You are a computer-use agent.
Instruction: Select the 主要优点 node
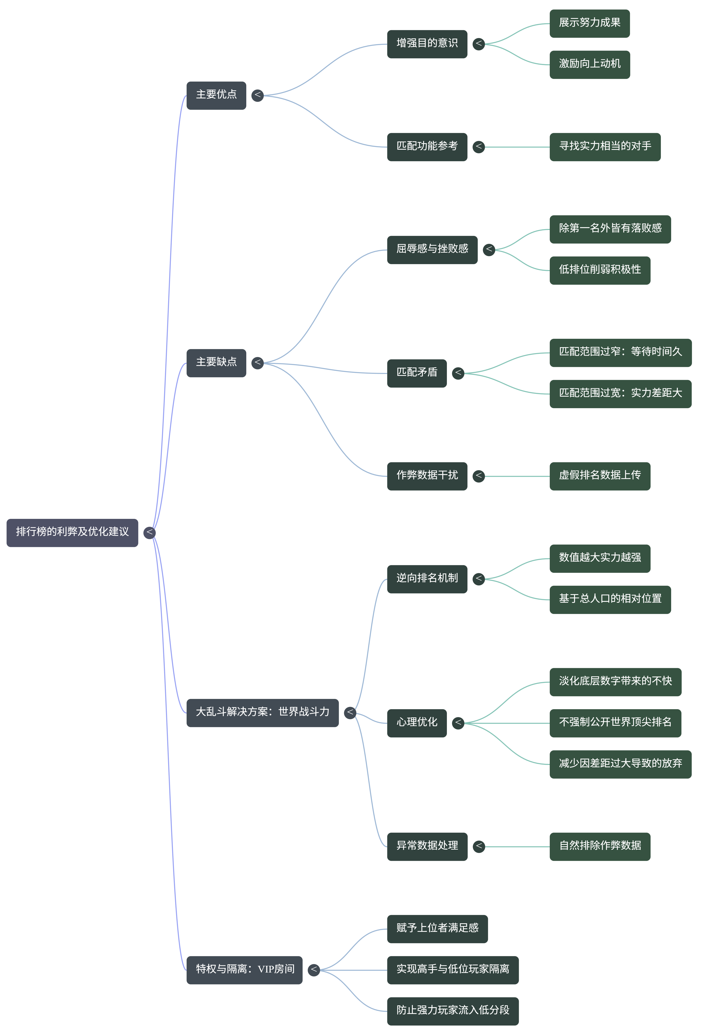coord(216,95)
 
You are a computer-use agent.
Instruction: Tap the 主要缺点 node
coord(216,362)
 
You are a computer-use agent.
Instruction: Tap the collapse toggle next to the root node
coord(149,532)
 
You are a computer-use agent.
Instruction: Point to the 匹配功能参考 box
coord(427,147)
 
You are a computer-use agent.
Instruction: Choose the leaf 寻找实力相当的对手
coord(605,147)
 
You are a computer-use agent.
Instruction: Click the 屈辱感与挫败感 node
coord(432,249)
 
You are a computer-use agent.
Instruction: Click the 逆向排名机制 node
coord(427,579)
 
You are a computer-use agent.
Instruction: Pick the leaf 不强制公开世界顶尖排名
coord(615,723)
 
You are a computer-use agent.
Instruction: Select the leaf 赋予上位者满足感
coord(437,929)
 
